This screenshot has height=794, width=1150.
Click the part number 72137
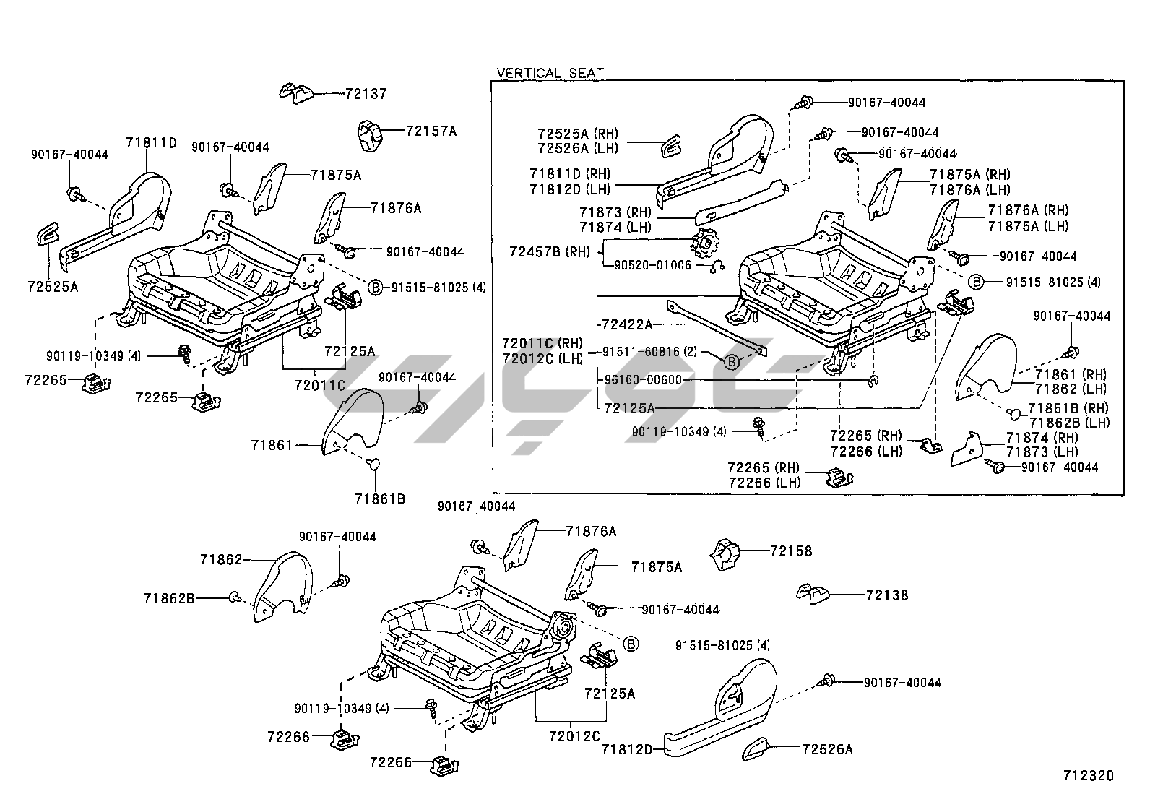(x=366, y=94)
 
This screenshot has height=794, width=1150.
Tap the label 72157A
(x=431, y=131)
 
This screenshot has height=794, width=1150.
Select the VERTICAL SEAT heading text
(x=550, y=74)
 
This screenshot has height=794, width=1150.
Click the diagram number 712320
(x=1089, y=775)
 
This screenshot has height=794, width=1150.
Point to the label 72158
(x=791, y=551)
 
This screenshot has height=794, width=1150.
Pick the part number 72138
(x=887, y=595)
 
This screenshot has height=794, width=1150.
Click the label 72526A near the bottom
(x=828, y=750)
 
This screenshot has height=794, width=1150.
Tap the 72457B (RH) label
(x=550, y=251)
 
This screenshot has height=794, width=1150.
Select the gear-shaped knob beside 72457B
(x=706, y=245)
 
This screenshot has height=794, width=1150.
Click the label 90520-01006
(x=652, y=266)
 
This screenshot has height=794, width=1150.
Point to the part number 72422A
(x=627, y=324)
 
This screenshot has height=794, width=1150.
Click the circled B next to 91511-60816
(x=732, y=362)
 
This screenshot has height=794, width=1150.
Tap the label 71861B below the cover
(x=380, y=499)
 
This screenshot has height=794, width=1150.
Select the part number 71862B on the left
(x=170, y=598)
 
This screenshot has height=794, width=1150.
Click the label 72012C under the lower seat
(x=574, y=736)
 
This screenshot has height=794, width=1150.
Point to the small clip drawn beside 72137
(x=296, y=93)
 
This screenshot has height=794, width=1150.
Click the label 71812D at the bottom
(x=627, y=750)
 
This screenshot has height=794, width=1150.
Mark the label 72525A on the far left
(x=53, y=287)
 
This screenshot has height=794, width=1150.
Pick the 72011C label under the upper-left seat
(x=320, y=384)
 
